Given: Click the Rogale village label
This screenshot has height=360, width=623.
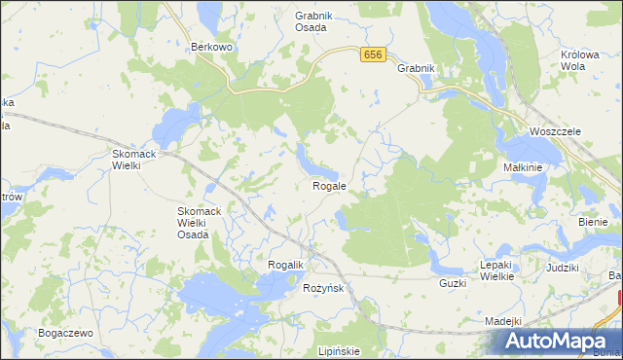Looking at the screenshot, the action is [x=329, y=185].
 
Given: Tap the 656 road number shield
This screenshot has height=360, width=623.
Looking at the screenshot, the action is [x=371, y=56].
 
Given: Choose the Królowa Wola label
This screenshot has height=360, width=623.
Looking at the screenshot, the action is [x=579, y=60].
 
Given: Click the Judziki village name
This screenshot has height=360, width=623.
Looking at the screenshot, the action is [x=563, y=267].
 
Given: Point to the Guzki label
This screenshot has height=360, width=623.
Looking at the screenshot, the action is [x=453, y=283].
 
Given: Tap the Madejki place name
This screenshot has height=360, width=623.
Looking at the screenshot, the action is [x=503, y=321].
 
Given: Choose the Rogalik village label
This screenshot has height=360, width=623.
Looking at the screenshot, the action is [x=287, y=265].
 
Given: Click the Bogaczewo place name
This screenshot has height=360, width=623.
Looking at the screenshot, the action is [x=65, y=333].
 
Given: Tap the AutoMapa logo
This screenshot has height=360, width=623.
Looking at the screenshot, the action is [x=557, y=341].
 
